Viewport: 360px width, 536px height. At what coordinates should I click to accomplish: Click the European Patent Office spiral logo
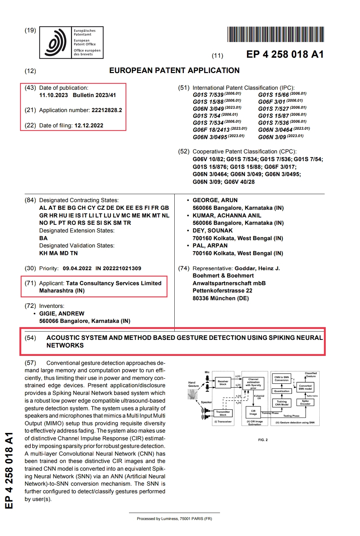(x=55, y=43)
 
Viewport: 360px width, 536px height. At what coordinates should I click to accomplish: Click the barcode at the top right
(x=275, y=34)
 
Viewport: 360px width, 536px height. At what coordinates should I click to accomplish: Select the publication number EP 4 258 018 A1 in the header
(x=285, y=54)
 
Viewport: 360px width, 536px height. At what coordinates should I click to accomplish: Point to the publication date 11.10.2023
(x=53, y=95)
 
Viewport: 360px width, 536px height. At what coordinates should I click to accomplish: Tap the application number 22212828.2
(x=106, y=110)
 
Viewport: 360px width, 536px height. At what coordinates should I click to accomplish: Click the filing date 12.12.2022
(x=89, y=126)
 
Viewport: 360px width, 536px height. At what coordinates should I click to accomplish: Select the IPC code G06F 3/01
(x=272, y=102)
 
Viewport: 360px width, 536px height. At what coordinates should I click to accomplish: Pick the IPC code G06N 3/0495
(x=210, y=137)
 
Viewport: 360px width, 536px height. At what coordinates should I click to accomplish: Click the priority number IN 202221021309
(x=118, y=269)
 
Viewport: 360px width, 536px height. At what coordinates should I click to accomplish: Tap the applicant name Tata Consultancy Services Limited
(x=114, y=284)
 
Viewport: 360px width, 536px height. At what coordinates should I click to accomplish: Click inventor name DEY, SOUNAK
(x=212, y=231)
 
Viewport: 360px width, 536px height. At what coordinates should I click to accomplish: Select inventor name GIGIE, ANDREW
(x=62, y=314)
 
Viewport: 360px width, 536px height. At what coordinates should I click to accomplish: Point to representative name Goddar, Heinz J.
(x=257, y=269)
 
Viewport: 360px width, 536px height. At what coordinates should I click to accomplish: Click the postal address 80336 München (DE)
(x=220, y=299)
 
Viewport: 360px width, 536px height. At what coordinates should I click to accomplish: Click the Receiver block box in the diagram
(x=223, y=383)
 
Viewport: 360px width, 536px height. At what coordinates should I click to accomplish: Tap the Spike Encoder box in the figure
(x=305, y=403)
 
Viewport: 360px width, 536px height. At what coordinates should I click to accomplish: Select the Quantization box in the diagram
(x=282, y=391)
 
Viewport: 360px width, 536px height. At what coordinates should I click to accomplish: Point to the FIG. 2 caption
(x=263, y=440)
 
